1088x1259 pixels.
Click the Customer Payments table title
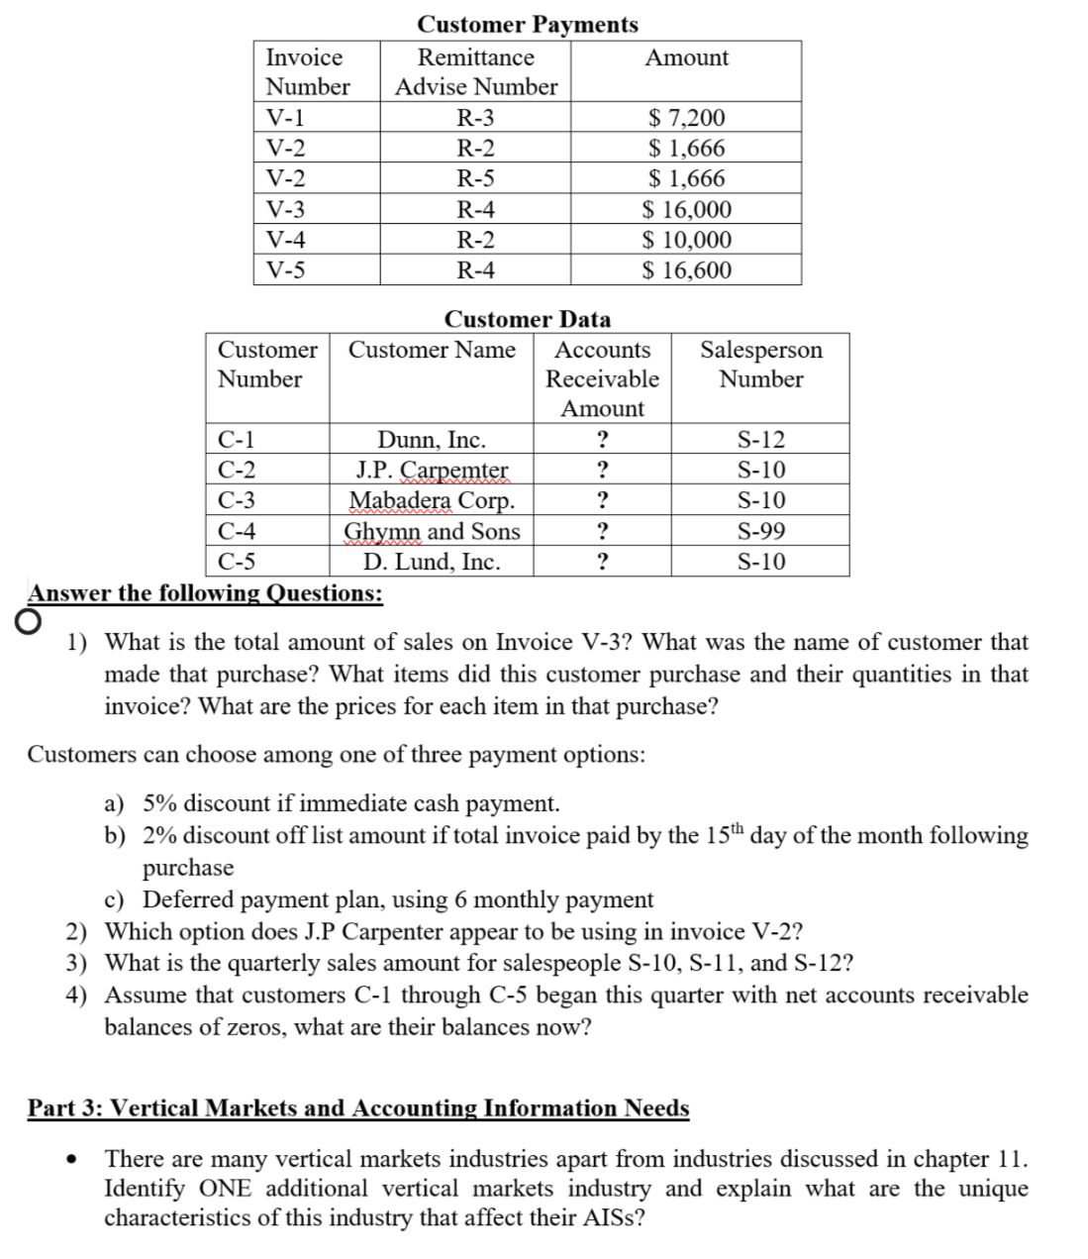pos(527,24)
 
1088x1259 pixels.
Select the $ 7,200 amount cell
pos(686,118)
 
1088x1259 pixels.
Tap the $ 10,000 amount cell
pos(686,240)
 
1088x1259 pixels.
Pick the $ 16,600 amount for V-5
pos(686,270)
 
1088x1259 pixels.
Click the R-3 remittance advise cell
pos(475,118)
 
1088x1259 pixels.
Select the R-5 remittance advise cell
pos(475,179)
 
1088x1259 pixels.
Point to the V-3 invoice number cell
pos(286,210)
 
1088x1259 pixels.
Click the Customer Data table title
pos(527,319)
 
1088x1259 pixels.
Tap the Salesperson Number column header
pos(760,365)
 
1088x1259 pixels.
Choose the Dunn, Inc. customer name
pos(432,440)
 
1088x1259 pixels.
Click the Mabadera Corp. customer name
pos(432,500)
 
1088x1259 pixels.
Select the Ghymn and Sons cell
pos(432,531)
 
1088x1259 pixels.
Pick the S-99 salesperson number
pos(760,531)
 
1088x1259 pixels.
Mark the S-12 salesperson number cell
pos(760,440)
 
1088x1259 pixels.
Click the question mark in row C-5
pos(602,562)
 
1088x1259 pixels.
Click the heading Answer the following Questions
pos(205,593)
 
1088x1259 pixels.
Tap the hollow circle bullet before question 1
pos(29,621)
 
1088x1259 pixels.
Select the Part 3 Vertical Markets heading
pos(357,1107)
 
